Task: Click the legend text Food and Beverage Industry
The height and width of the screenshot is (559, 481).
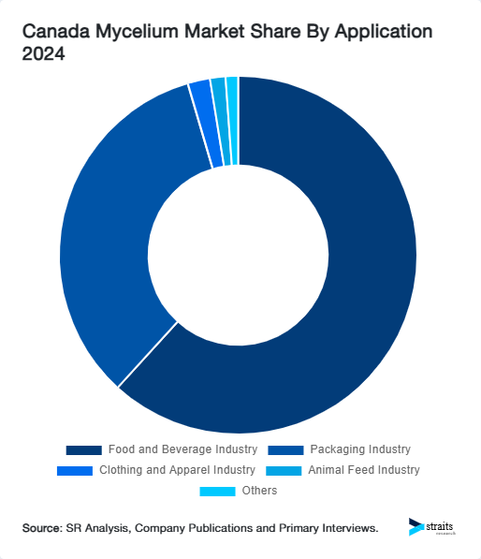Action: coord(182,450)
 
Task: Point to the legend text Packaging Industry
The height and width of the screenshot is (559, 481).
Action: coord(360,450)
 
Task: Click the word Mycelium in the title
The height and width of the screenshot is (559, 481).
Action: coord(124,32)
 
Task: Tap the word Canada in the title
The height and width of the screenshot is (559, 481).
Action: coord(51,32)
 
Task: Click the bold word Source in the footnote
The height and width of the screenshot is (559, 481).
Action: coord(41,529)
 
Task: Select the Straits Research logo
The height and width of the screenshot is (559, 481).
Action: coord(432,527)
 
